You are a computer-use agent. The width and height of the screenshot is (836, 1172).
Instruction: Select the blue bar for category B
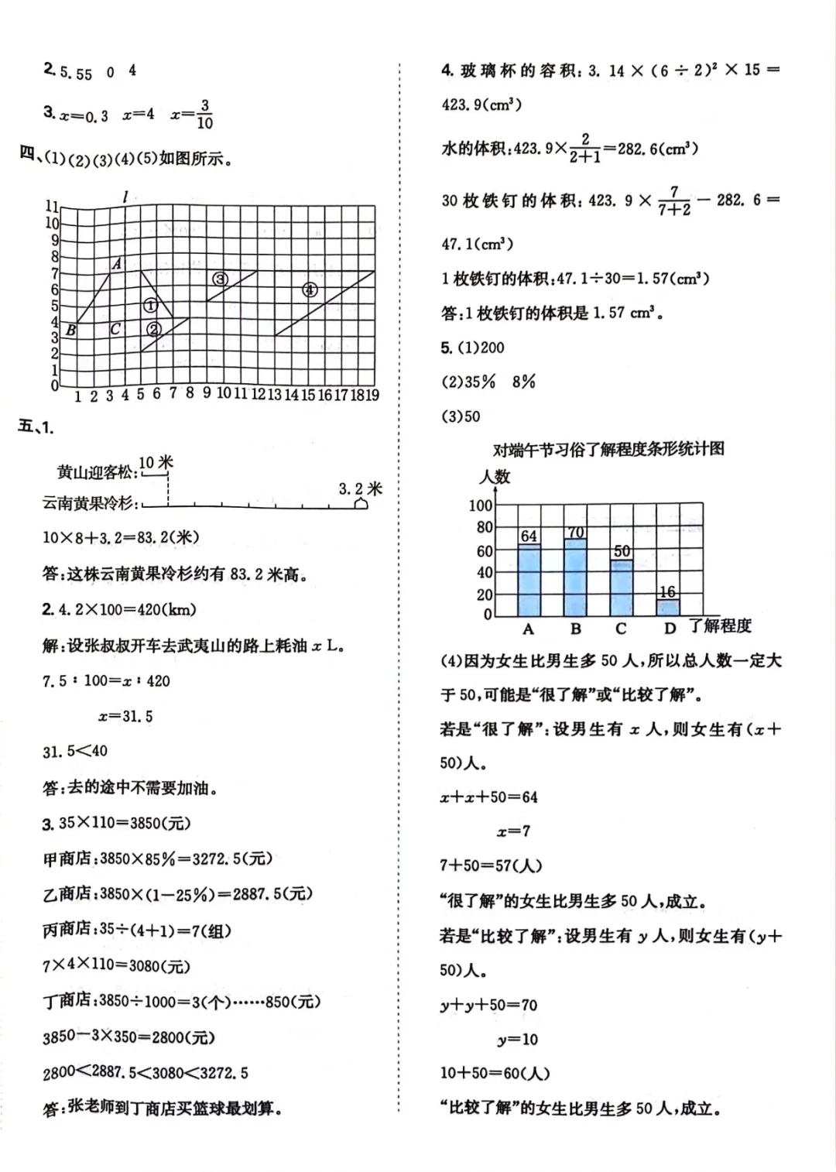(x=575, y=577)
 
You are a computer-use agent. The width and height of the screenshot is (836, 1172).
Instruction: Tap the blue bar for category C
(x=621, y=587)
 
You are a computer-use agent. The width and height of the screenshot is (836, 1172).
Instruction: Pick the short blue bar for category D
(x=667, y=607)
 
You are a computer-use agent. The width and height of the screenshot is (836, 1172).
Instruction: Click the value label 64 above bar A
(x=529, y=536)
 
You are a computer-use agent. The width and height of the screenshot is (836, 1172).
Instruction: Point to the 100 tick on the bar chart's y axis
(x=481, y=505)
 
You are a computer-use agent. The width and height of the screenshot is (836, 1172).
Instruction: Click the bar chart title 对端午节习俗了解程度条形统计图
(x=608, y=449)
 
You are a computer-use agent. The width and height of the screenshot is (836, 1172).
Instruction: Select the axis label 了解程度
(x=721, y=625)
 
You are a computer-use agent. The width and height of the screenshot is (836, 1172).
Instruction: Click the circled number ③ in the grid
(x=221, y=279)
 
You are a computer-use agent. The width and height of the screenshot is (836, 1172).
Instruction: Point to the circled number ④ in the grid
(x=310, y=290)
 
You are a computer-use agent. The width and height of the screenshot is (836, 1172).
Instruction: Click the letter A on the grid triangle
(x=117, y=264)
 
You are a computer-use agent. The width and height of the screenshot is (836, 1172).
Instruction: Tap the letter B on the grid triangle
(x=70, y=330)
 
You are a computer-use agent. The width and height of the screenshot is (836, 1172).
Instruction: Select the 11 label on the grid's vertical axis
(x=51, y=206)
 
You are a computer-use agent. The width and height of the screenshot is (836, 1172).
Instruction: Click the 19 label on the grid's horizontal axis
(x=372, y=395)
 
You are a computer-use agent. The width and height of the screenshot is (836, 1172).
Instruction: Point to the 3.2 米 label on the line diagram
(x=361, y=488)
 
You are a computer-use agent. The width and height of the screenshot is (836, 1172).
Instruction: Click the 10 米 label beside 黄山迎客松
(x=156, y=462)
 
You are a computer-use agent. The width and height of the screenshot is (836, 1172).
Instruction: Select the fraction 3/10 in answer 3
(x=204, y=114)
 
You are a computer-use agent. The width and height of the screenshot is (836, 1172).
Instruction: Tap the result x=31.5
(x=125, y=716)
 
